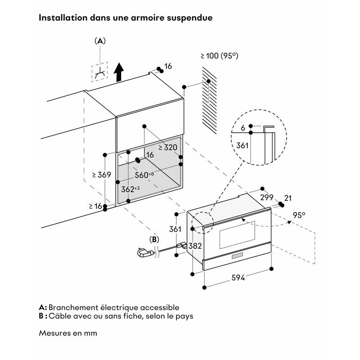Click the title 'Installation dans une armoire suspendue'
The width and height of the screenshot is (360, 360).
coord(126,18)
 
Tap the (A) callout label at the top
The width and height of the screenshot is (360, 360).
coord(100,41)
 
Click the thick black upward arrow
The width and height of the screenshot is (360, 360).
coord(119,72)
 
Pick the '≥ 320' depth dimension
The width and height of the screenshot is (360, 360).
coord(167,147)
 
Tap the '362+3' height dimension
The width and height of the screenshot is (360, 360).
coord(130,189)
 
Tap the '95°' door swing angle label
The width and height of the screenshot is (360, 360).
coord(299,215)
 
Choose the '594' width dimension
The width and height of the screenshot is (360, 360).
coord(238,278)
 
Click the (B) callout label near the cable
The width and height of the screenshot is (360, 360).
coord(154,239)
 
